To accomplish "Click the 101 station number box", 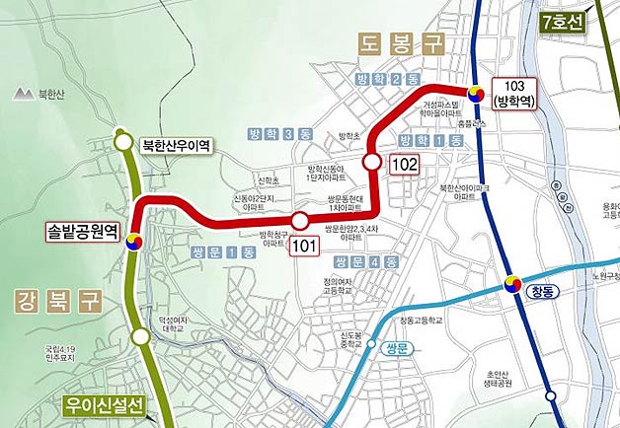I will (x=305, y=247).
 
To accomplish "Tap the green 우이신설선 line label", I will (x=104, y=405).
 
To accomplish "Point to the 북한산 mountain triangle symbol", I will (x=22, y=95).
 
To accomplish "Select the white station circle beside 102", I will (x=372, y=161).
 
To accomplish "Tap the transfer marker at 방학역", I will (x=476, y=94).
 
